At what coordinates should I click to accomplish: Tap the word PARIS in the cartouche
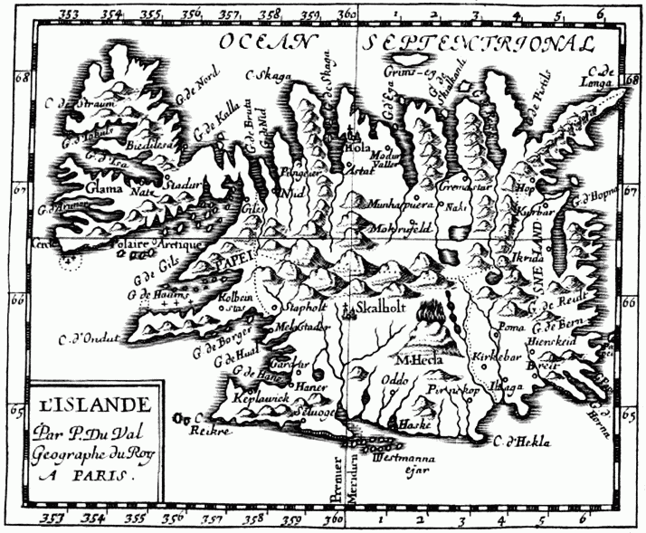(106, 472)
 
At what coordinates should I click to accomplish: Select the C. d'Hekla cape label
(524, 442)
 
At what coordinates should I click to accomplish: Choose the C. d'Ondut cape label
(90, 339)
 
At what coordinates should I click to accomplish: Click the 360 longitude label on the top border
(347, 14)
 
